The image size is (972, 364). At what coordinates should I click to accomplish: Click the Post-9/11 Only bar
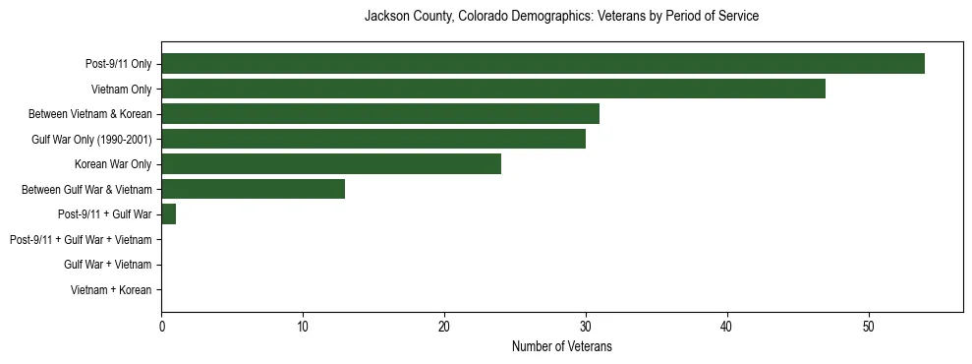pyautogui.click(x=543, y=64)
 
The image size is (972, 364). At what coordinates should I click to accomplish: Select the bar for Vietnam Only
pyautogui.click(x=493, y=90)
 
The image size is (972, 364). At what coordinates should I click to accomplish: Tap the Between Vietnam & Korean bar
pyautogui.click(x=380, y=114)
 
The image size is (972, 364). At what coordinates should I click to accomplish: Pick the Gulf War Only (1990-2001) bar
pyautogui.click(x=373, y=140)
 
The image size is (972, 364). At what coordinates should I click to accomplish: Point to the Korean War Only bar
pyautogui.click(x=331, y=164)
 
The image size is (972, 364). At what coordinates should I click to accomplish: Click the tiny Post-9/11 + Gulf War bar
pyautogui.click(x=169, y=214)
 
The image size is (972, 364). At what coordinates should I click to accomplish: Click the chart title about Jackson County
pyautogui.click(x=561, y=17)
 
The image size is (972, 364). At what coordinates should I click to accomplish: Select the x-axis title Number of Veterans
pyautogui.click(x=561, y=346)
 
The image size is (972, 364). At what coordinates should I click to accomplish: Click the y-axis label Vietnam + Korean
pyautogui.click(x=111, y=290)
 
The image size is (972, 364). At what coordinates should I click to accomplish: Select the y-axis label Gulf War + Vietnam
pyautogui.click(x=107, y=265)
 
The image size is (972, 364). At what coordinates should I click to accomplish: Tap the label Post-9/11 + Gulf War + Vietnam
pyautogui.click(x=81, y=240)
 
